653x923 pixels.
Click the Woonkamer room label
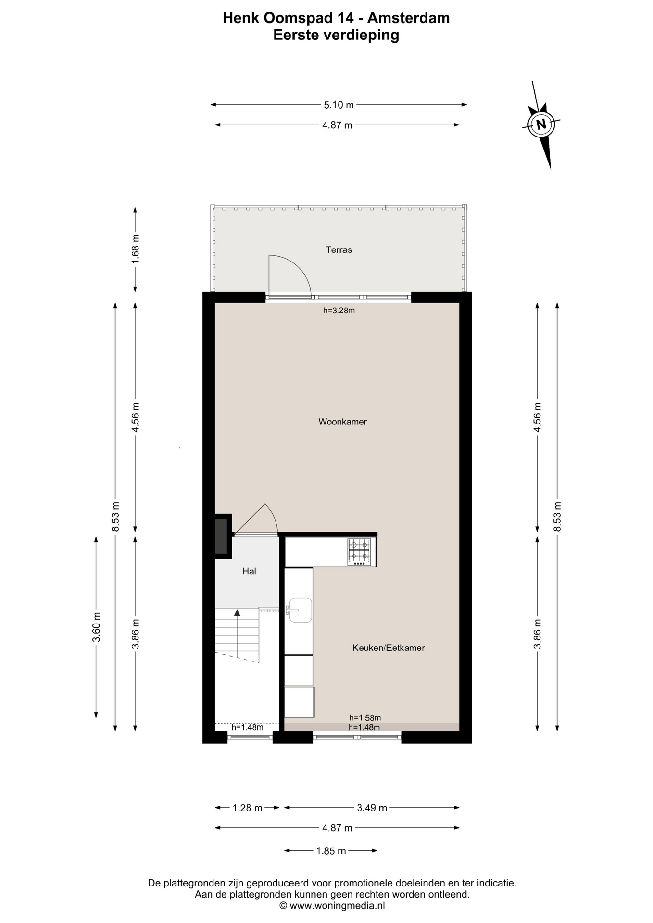[x=342, y=422]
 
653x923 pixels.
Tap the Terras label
[x=339, y=249]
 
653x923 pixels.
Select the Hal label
[x=249, y=571]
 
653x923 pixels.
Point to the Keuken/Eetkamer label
[x=389, y=648]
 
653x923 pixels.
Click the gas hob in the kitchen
[x=360, y=551]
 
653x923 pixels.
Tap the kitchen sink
[x=300, y=610]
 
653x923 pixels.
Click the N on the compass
[x=541, y=125]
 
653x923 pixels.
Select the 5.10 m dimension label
[x=339, y=105]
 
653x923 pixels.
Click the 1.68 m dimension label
[x=136, y=248]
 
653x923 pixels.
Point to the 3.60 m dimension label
[x=97, y=627]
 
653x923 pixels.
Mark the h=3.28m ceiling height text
[x=339, y=311]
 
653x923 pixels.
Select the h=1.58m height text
[x=365, y=718]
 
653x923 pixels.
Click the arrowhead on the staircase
[x=237, y=612]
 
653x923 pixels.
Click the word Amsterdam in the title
[x=409, y=18]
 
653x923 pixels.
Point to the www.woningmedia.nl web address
[x=337, y=906]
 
